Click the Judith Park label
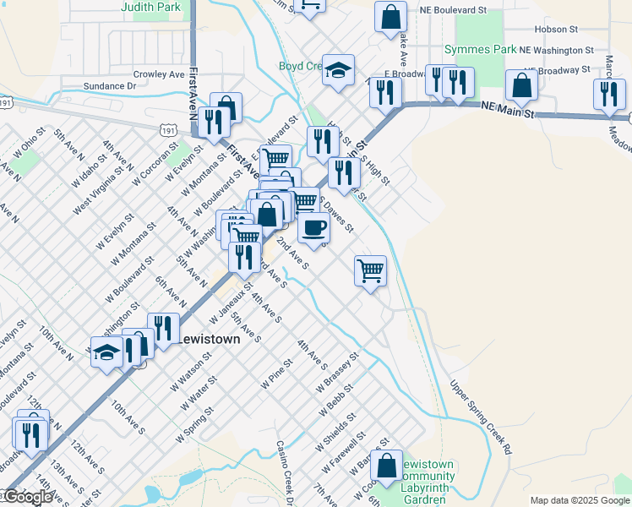150,7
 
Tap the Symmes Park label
480,49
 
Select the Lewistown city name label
208,338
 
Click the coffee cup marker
313,226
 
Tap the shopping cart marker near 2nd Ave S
370,270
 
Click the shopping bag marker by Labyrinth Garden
386,465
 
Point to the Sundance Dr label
110,86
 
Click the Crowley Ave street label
158,74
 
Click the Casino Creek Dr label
285,473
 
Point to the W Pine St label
276,373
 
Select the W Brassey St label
338,373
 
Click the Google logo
28,497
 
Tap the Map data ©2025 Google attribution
580,500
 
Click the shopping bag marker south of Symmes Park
521,84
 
